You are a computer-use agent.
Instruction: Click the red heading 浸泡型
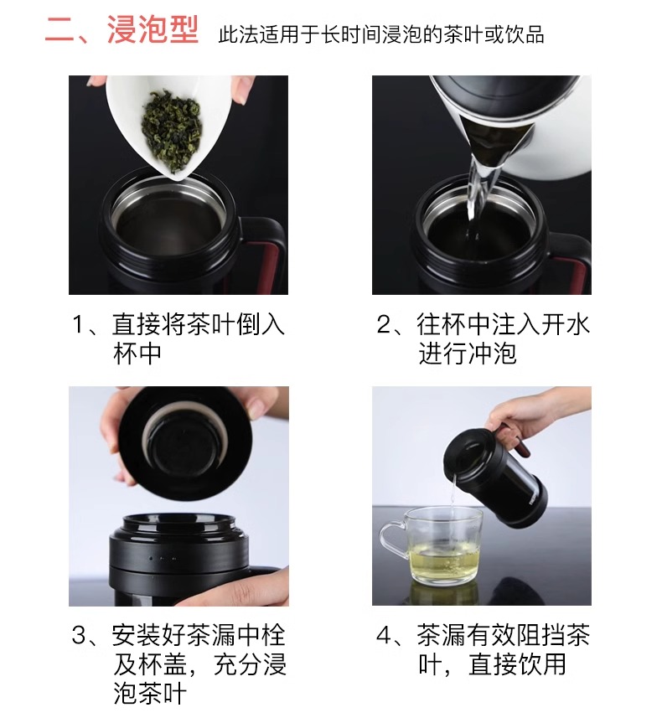153,30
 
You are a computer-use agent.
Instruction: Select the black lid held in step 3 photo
184,442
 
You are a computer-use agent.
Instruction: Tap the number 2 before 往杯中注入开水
384,324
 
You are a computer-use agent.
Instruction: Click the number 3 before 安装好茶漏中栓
79,636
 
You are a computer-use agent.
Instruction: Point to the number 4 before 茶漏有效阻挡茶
384,636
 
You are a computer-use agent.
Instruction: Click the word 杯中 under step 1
137,354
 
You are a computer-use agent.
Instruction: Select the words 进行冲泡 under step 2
468,354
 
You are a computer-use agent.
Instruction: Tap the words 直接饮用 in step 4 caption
517,665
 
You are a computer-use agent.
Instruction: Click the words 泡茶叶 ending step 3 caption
150,694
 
